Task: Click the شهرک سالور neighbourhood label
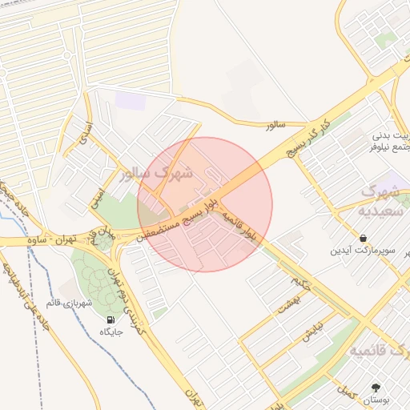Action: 159,173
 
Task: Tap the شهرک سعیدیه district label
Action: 380,200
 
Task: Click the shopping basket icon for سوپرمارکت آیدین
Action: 364,238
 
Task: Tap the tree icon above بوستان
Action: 377,386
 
